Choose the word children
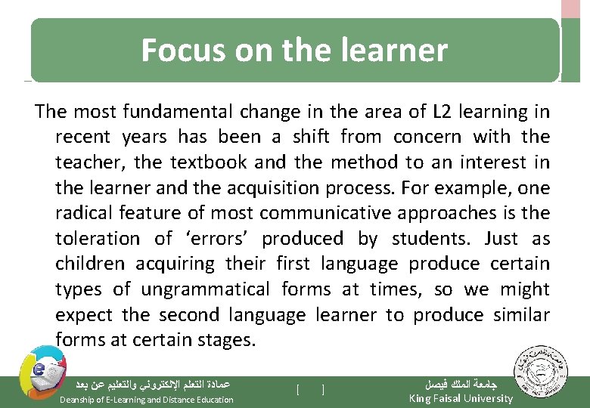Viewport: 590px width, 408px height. click(x=90, y=264)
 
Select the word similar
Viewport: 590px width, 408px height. click(x=520, y=314)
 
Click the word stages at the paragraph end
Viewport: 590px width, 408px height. click(x=225, y=340)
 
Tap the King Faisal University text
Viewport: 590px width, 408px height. click(x=460, y=398)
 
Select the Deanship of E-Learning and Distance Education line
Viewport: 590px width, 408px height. click(x=146, y=399)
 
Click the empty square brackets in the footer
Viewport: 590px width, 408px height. click(x=310, y=390)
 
